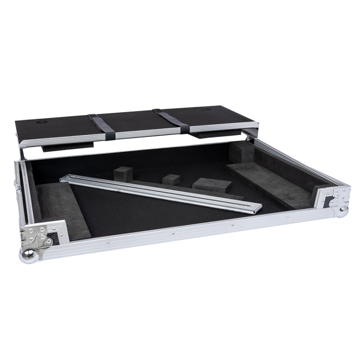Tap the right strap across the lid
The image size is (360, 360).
pos(172,120)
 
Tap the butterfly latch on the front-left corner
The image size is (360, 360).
pos(43,239)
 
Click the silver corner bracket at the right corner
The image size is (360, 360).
pos(332,196)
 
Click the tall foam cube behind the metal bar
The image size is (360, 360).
pos(123,173)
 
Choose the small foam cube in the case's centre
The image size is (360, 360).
pos(172,179)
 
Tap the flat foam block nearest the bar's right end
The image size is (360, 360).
pos(211,185)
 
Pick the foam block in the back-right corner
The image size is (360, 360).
pos(243,154)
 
